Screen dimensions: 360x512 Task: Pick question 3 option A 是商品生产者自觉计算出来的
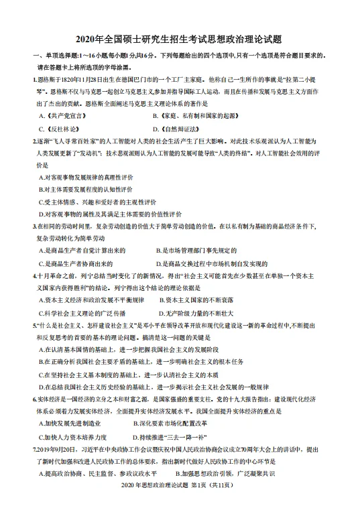pyautogui.click(x=84, y=251)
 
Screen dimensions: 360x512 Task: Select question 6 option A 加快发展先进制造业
pyautogui.click(x=74, y=424)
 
